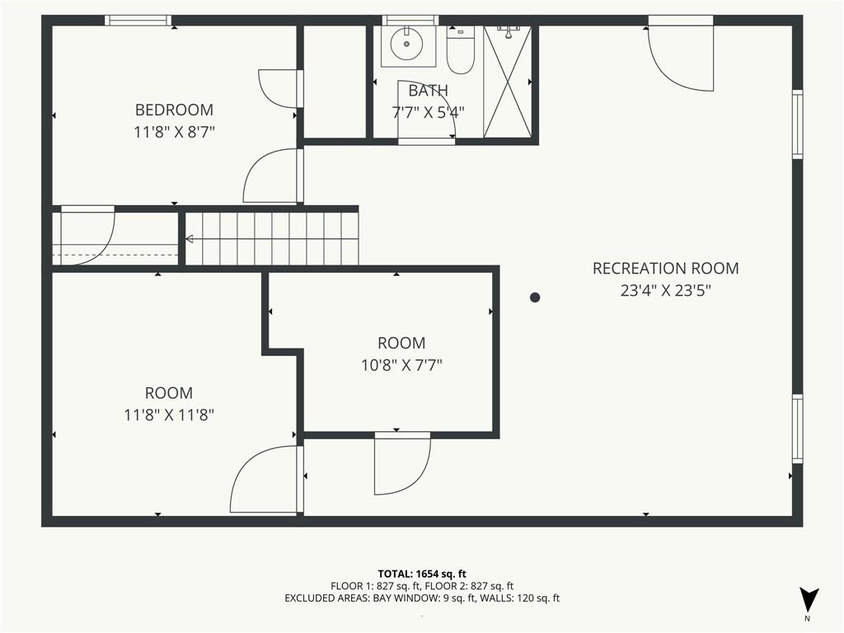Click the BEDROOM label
[174, 110]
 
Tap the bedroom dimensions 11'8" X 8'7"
[174, 133]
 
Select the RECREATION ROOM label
[665, 268]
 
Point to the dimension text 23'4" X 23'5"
[665, 291]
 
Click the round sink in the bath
[407, 45]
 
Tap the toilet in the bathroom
[460, 50]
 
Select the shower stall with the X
[508, 81]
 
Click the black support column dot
[534, 297]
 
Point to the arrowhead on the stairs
[190, 239]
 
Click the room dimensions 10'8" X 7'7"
[401, 365]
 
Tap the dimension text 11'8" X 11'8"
[169, 415]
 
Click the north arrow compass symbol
[809, 600]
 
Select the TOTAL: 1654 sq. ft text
[422, 574]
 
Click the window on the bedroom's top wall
[138, 21]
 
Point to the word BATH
[428, 91]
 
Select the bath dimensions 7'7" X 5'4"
[428, 112]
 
